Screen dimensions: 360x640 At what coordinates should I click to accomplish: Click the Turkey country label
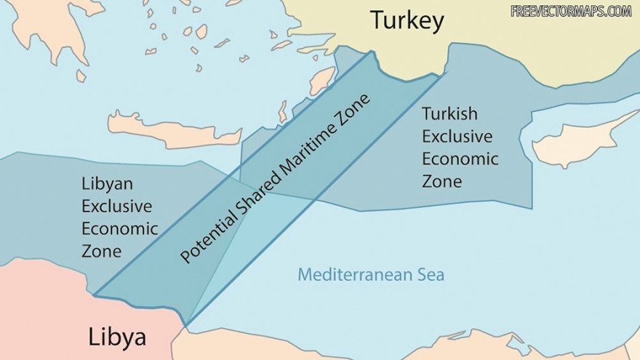coord(407,21)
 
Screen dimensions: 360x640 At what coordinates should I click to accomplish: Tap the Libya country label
coord(117,337)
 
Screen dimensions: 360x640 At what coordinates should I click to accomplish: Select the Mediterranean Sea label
coord(370,275)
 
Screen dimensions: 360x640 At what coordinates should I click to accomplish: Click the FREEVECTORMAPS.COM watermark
coord(571,11)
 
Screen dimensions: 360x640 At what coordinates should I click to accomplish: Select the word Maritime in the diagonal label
coord(317,137)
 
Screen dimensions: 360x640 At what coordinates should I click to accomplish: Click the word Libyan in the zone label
coord(107,184)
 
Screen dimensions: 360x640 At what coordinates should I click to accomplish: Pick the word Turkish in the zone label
coord(449,114)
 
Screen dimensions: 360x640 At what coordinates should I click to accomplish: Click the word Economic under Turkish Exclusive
coord(460,159)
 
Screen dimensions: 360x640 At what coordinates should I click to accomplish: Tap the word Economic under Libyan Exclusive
coord(119,228)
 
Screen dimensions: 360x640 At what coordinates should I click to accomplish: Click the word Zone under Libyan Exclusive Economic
coord(101,251)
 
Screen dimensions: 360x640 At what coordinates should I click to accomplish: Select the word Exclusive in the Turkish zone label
coord(457,136)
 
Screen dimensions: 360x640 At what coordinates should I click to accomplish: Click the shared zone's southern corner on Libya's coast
coord(186,324)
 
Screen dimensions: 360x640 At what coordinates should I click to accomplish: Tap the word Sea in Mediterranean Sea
coord(430,275)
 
